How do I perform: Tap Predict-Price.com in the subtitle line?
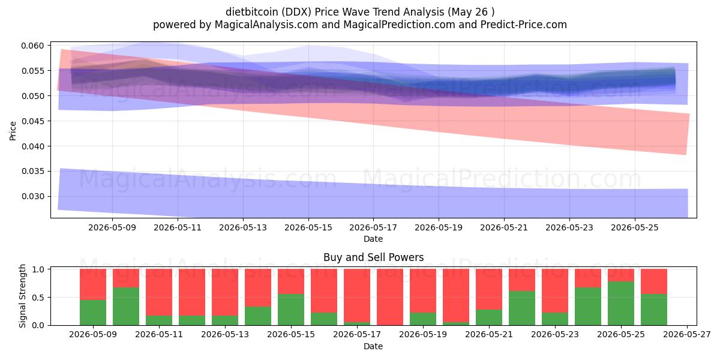(524, 25)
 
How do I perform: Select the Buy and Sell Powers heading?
(373, 257)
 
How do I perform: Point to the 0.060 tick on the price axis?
(33, 46)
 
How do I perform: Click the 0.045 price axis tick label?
(33, 121)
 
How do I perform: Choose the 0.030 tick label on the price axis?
(33, 196)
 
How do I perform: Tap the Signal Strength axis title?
(22, 296)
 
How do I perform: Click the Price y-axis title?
(13, 131)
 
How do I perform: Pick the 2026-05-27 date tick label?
(687, 335)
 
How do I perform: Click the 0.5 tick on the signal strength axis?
(38, 298)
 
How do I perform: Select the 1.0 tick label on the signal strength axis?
(38, 269)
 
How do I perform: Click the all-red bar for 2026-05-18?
(390, 297)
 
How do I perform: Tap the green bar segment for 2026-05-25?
(621, 304)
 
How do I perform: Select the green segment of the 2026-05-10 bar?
(126, 307)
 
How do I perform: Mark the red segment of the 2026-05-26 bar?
(654, 281)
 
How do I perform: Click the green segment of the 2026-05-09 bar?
(93, 313)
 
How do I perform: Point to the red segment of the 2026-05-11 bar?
(159, 293)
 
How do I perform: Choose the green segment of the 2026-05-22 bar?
(522, 308)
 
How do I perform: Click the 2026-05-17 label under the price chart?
(373, 227)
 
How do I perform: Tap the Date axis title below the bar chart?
(373, 347)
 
